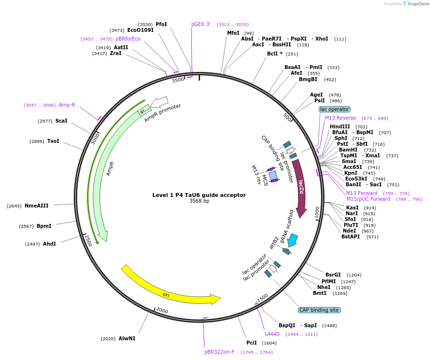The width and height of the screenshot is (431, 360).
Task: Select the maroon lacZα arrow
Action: (300, 188)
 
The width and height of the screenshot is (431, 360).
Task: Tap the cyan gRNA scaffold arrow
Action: (292, 240)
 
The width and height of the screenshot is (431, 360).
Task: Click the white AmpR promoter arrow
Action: (159, 102)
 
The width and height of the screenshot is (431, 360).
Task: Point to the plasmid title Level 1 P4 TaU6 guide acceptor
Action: (199, 195)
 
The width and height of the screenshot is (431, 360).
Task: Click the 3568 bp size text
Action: (199, 201)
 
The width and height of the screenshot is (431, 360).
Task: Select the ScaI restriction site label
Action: (61, 121)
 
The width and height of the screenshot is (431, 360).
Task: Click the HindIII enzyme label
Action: (340, 126)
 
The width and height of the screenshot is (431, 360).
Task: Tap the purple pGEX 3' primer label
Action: (201, 24)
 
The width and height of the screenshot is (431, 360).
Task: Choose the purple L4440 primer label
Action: (272, 334)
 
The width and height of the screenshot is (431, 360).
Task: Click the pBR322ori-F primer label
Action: (219, 352)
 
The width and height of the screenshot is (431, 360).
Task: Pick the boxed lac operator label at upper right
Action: (335, 110)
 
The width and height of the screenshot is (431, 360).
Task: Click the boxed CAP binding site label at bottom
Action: (319, 310)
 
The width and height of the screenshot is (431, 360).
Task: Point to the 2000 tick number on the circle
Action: (162, 310)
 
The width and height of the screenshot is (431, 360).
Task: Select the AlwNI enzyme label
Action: (127, 338)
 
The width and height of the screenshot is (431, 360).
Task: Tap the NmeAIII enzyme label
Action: (37, 206)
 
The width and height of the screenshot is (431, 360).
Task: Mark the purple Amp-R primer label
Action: (67, 105)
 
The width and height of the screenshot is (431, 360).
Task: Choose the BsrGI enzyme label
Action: (333, 275)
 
